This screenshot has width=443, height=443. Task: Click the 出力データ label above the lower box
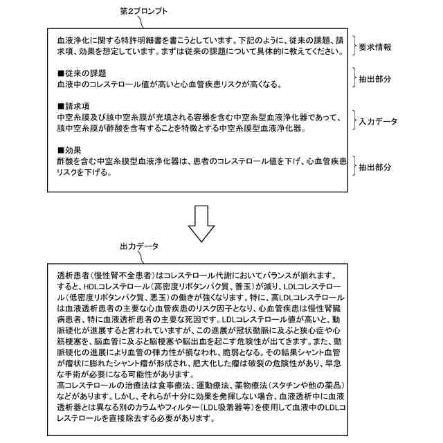pos(139,246)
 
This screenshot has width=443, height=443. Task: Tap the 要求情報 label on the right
pos(374,47)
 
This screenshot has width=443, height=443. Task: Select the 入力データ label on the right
pos(378,121)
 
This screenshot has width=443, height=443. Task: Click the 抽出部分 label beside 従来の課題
pos(374,79)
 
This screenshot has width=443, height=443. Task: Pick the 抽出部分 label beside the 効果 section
pos(374,168)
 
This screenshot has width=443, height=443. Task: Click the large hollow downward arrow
pos(202,223)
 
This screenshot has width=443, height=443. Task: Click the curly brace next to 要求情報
pos(353,47)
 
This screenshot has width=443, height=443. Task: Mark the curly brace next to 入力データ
pos(353,121)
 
